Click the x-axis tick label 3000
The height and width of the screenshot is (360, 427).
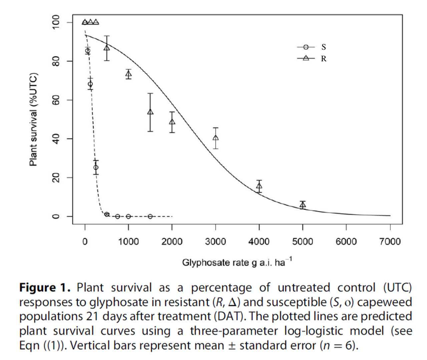click(x=216, y=242)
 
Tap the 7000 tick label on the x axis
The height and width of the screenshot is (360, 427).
click(x=390, y=242)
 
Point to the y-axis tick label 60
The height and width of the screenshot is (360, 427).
click(x=56, y=100)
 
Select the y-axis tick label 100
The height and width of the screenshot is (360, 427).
click(x=56, y=22)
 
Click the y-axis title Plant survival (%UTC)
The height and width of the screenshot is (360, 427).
click(x=33, y=119)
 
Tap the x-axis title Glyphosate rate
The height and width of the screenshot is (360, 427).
click(x=237, y=262)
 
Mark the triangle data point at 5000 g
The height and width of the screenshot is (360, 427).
click(x=303, y=205)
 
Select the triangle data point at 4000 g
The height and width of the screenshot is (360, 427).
click(x=259, y=186)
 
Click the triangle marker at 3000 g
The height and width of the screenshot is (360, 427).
click(x=216, y=138)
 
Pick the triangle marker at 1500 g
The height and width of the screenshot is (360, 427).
click(x=150, y=112)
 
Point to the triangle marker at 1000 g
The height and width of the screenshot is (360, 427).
click(x=128, y=74)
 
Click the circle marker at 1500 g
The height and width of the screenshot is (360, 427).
click(x=150, y=216)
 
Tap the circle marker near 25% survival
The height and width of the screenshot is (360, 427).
click(x=96, y=167)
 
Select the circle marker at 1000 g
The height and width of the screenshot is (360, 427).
click(x=128, y=216)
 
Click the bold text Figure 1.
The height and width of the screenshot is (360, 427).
click(x=45, y=287)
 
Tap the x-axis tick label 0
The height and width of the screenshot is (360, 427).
click(x=85, y=242)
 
